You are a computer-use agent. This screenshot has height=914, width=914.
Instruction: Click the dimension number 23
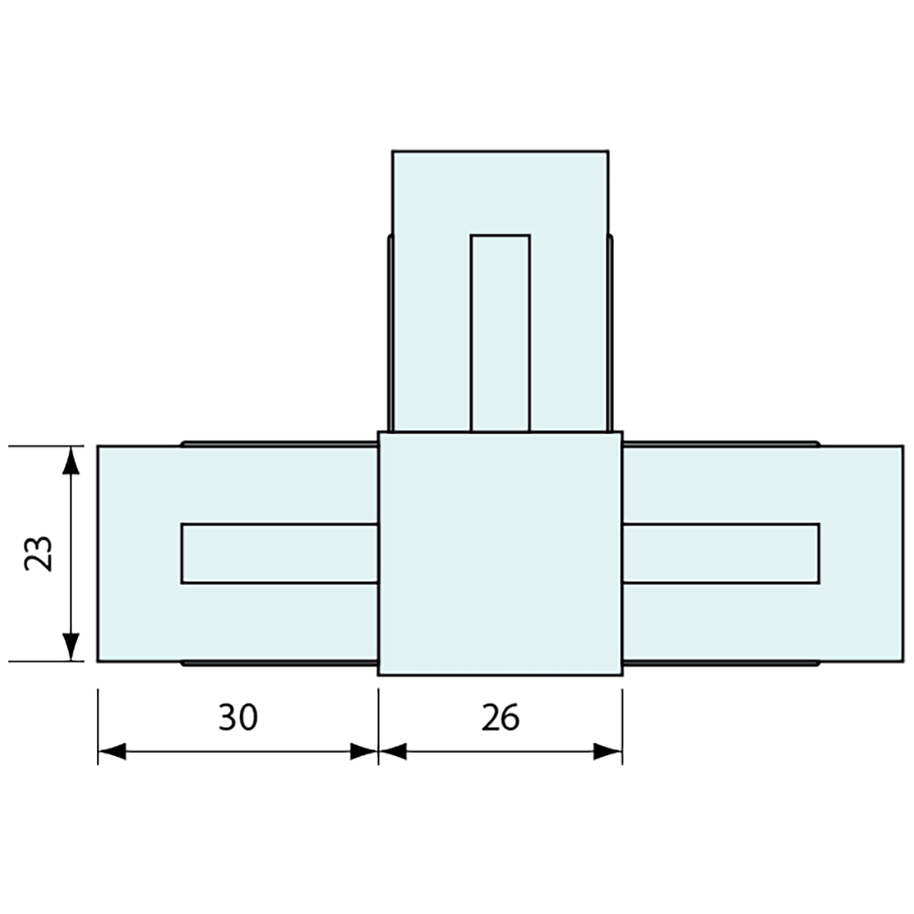point(40,553)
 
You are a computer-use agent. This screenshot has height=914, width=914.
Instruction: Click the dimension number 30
point(238,718)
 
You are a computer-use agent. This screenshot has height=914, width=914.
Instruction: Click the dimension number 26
point(500,718)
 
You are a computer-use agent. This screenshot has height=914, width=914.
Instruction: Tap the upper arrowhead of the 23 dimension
point(71,460)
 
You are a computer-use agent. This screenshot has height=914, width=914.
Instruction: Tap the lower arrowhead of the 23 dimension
point(71,647)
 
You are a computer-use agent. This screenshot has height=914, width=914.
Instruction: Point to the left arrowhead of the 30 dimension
point(112,751)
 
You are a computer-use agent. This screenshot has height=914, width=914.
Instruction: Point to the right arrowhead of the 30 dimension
point(364,751)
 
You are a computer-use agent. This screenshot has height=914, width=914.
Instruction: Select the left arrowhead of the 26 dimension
point(393,751)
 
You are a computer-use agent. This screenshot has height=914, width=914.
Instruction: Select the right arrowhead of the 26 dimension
point(608,751)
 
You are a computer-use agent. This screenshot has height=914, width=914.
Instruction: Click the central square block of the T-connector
point(500,553)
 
